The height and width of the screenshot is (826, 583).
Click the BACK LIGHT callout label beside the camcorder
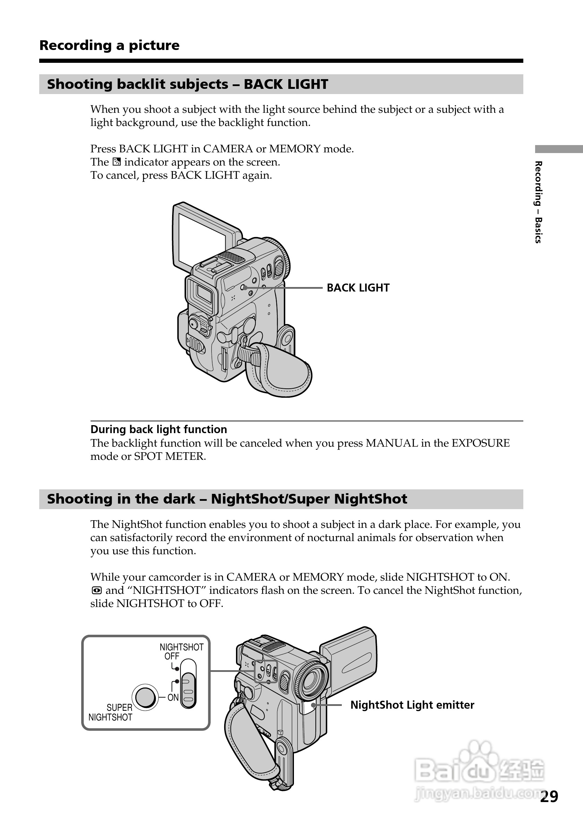358,288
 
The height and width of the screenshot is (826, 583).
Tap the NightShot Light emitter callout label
412,705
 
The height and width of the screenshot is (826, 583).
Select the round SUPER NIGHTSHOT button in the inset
145,697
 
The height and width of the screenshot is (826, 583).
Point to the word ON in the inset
173,697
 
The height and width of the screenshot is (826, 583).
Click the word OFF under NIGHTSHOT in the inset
171,656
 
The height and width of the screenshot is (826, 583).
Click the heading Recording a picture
109,45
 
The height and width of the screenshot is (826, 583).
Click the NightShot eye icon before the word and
96,590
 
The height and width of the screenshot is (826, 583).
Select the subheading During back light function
159,429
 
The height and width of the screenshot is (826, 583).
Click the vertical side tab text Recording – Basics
538,202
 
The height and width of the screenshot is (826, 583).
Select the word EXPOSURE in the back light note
481,443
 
